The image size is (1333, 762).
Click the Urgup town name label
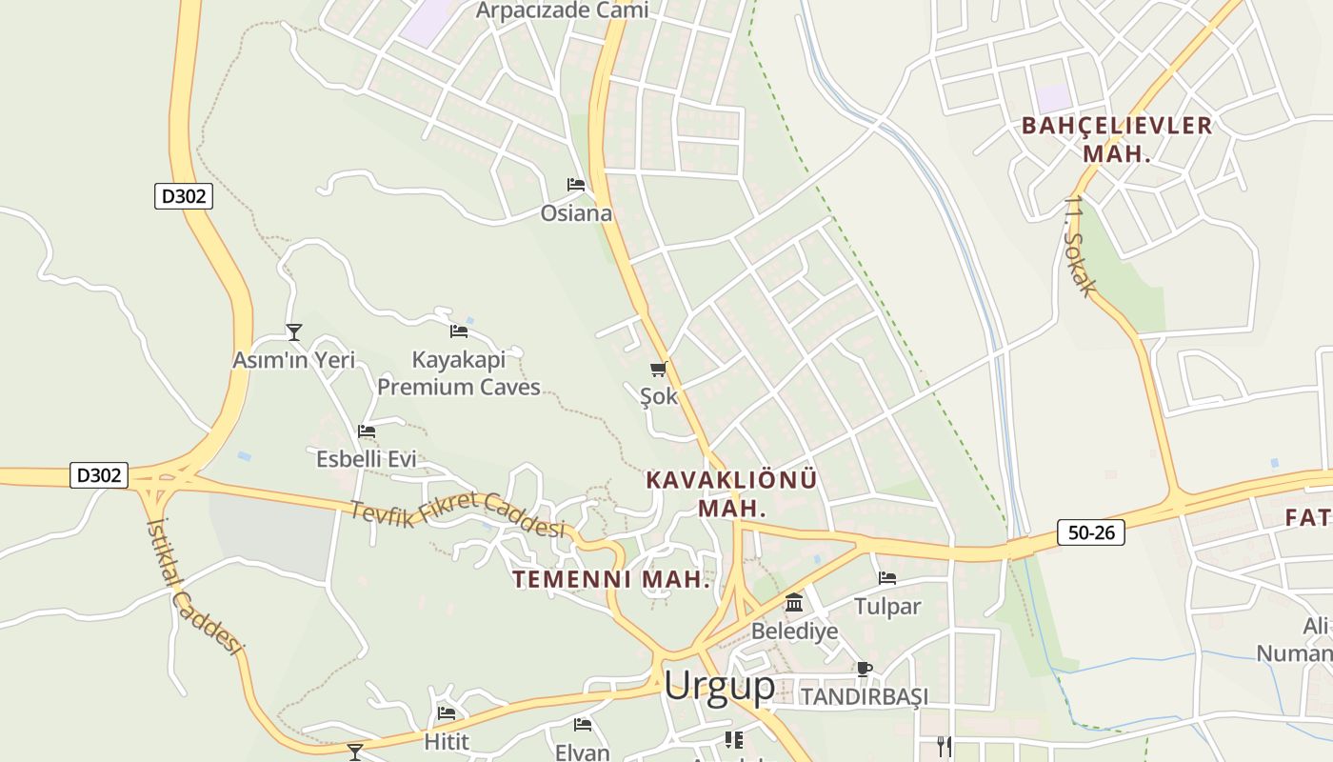click(719, 685)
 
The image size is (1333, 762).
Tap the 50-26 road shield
click(1090, 532)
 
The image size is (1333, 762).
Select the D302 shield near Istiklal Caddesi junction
click(99, 474)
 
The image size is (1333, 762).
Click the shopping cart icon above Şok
click(658, 369)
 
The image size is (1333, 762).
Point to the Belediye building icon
click(794, 603)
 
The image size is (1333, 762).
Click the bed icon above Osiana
click(575, 184)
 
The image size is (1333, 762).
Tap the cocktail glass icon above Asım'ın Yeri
click(294, 332)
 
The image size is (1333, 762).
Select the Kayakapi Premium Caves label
click(459, 373)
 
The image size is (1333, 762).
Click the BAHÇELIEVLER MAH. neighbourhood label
click(1117, 139)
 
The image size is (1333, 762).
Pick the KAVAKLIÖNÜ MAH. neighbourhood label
click(731, 493)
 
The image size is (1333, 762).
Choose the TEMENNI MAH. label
click(611, 579)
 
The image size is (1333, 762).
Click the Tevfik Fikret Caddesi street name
click(457, 514)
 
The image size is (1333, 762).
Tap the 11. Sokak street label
click(1082, 246)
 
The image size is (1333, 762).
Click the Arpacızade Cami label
click(562, 10)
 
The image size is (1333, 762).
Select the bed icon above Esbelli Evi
click(367, 431)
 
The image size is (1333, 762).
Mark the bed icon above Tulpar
click(887, 577)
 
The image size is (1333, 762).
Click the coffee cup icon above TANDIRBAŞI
click(864, 669)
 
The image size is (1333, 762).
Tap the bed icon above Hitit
click(446, 712)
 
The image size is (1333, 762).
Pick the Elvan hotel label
click(582, 752)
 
